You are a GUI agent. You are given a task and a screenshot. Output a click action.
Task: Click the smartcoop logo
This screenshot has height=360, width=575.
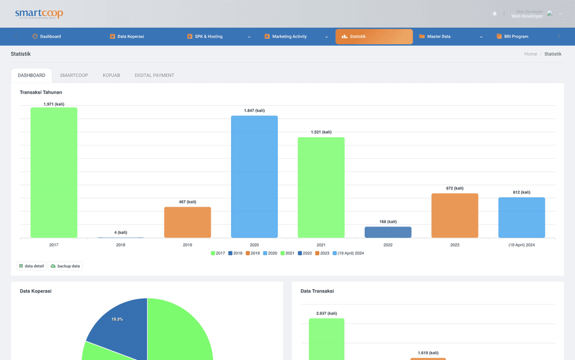tap(39, 14)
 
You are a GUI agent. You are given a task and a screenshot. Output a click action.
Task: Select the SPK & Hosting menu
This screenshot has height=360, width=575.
tap(208, 37)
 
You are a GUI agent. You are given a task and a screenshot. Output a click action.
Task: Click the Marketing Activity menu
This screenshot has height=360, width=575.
tap(289, 37)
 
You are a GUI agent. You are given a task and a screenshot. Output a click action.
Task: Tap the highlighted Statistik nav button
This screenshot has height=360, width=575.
tap(374, 37)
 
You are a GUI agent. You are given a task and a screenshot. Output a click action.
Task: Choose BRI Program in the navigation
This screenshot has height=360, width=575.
tap(515, 37)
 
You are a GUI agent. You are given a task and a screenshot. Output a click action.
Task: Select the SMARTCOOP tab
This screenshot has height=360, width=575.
tap(74, 76)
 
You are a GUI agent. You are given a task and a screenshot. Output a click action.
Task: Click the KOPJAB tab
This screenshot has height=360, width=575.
tap(111, 76)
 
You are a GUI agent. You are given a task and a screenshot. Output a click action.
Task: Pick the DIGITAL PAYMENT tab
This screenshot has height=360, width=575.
tap(154, 76)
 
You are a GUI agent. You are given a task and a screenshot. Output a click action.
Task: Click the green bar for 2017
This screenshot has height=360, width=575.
tap(54, 173)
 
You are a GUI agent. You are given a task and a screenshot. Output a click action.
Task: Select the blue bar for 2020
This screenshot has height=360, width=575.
tap(254, 176)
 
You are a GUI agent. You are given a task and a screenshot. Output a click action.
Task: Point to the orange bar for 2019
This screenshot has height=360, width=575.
tap(187, 222)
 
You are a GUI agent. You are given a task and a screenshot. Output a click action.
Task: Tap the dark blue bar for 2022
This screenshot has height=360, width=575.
tap(388, 232)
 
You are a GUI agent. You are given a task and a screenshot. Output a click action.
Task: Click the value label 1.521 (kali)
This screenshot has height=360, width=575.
tap(321, 132)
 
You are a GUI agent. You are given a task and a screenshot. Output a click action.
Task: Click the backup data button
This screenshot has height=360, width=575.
tap(65, 266)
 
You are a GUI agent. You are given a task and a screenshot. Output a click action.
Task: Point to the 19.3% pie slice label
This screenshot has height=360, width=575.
tap(117, 319)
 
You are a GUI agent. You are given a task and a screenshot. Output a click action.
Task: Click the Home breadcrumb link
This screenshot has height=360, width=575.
tap(530, 54)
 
